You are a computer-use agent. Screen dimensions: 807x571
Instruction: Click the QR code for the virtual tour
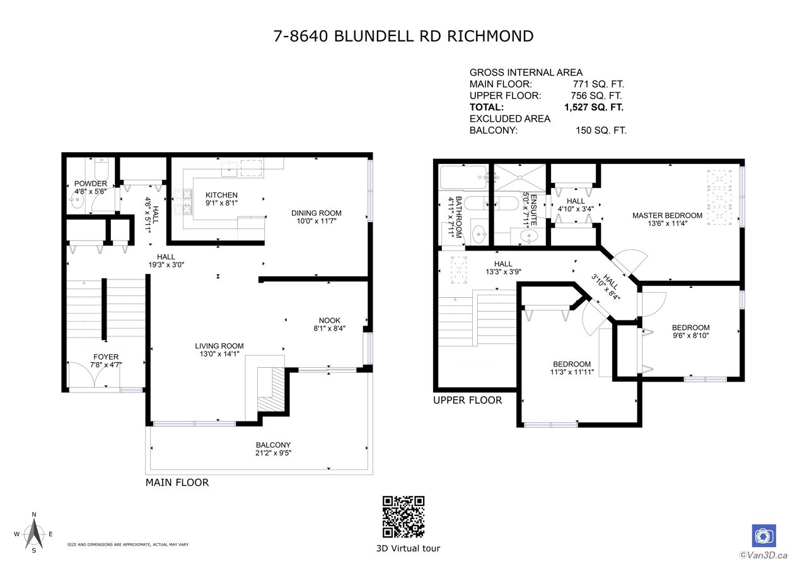click(403, 517)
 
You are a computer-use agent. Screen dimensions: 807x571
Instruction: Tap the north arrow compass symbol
click(34, 534)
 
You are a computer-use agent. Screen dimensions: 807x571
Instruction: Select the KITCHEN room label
click(221, 195)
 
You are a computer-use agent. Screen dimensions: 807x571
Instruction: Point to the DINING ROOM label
click(316, 213)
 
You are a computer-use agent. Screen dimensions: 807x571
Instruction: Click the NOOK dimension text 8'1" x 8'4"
click(329, 328)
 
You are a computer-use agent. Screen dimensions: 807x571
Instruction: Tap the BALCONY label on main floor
click(273, 445)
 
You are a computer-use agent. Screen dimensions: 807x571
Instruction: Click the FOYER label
click(106, 356)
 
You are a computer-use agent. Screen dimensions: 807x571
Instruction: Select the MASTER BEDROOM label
click(667, 215)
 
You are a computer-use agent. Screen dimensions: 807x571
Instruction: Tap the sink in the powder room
click(77, 201)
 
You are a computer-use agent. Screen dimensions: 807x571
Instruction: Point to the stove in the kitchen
click(183, 202)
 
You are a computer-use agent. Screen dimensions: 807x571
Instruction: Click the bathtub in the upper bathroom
click(463, 177)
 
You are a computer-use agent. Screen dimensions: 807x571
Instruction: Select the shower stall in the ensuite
click(520, 178)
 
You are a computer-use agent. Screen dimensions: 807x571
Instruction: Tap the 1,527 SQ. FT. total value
click(594, 107)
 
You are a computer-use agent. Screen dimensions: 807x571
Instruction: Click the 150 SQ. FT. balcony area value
click(601, 130)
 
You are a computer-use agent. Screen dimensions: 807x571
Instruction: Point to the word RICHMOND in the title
click(491, 36)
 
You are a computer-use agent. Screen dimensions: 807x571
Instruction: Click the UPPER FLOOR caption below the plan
click(467, 400)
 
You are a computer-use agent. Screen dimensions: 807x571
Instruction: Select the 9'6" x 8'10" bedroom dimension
click(690, 336)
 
